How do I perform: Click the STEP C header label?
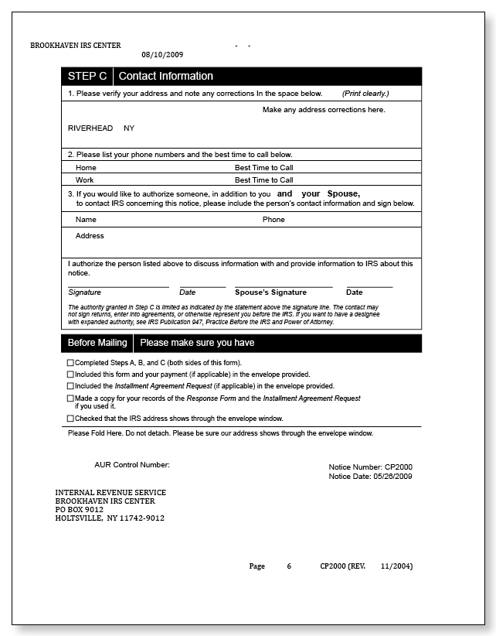click(87, 76)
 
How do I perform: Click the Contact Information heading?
click(165, 76)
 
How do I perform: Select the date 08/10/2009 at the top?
click(162, 55)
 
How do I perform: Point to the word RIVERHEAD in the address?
click(90, 128)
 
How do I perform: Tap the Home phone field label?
click(86, 167)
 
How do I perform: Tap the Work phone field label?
click(85, 180)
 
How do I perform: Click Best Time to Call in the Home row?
click(263, 167)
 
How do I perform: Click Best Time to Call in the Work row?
click(263, 180)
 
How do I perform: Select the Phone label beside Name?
click(273, 220)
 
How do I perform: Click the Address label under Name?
click(90, 236)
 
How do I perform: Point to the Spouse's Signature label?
click(270, 292)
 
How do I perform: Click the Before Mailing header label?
click(97, 343)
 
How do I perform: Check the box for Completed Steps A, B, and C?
click(71, 363)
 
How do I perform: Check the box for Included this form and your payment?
click(71, 374)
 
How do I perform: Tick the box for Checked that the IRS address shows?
click(71, 419)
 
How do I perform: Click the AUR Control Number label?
click(131, 465)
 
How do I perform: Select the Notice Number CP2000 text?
click(370, 467)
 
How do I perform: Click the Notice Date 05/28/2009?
click(370, 477)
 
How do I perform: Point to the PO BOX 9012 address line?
click(79, 510)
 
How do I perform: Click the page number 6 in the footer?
click(289, 566)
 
